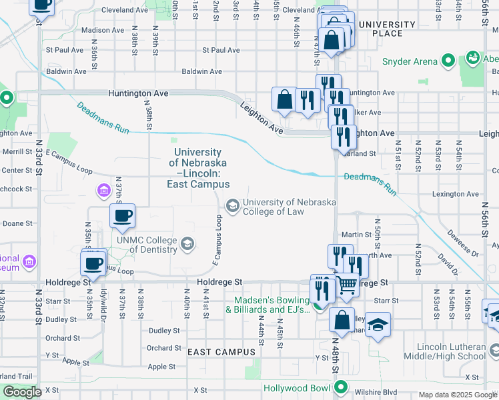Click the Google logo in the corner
click(22, 392)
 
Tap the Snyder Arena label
click(409, 61)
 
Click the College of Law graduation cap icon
click(233, 205)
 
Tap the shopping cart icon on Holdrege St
click(346, 285)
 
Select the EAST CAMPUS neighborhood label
click(221, 351)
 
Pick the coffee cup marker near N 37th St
click(122, 216)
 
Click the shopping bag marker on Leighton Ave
click(284, 99)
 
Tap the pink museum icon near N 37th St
click(103, 192)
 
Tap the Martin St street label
click(356, 235)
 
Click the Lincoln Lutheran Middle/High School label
click(450, 351)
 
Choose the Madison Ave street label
click(102, 30)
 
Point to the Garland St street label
click(363, 153)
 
